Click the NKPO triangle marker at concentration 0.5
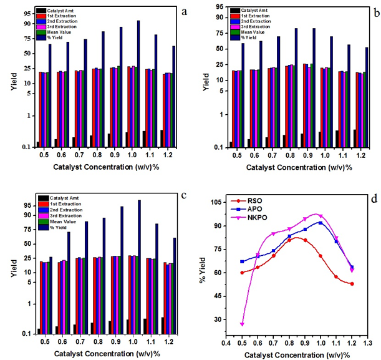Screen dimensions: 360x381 [x=242, y=324]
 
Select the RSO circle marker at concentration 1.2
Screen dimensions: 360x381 [x=352, y=284]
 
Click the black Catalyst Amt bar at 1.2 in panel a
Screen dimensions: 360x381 [x=162, y=138]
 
